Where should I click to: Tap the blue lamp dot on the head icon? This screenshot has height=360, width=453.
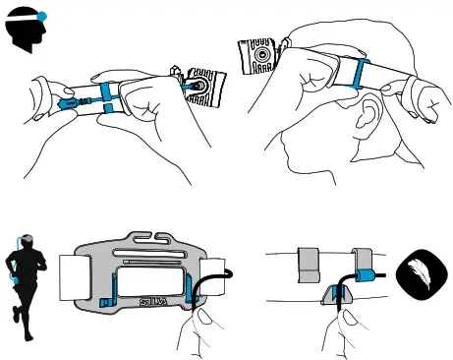point(41,16)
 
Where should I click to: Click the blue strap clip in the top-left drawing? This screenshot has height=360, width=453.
point(105,93)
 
